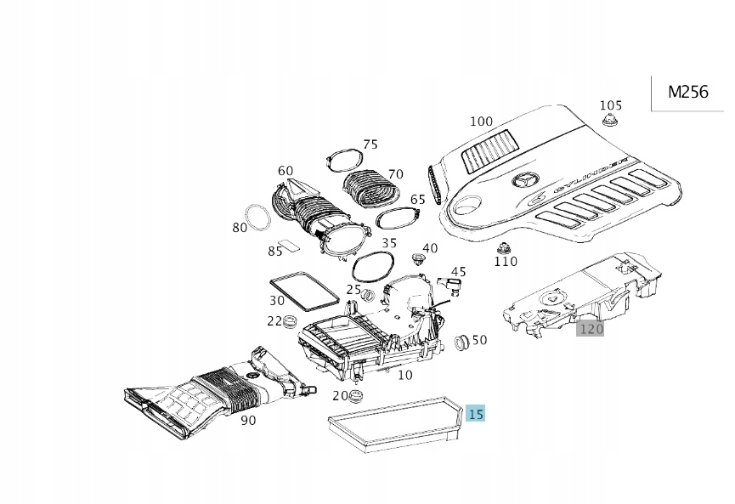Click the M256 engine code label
click(x=687, y=92)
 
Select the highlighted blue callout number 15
click(x=476, y=414)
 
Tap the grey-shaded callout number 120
click(x=590, y=328)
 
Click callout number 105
click(x=610, y=105)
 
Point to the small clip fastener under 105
click(x=608, y=123)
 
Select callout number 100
click(x=481, y=122)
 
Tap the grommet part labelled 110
click(x=506, y=247)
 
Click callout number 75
click(x=370, y=144)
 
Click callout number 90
click(x=248, y=421)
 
